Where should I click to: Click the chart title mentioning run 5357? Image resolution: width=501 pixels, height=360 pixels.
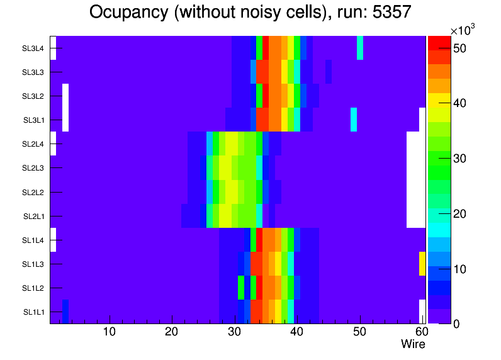pyautogui.click(x=250, y=13)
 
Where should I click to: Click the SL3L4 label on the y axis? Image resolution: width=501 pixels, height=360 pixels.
pyautogui.click(x=33, y=48)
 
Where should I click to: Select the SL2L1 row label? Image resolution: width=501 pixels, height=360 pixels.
pyautogui.click(x=33, y=217)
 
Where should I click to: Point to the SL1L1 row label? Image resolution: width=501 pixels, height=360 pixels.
pyautogui.click(x=33, y=312)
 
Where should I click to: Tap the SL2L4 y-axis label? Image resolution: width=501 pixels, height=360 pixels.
pyautogui.click(x=33, y=144)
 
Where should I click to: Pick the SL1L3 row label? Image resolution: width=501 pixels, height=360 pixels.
pyautogui.click(x=33, y=264)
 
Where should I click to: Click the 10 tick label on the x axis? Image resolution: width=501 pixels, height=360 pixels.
pyautogui.click(x=110, y=332)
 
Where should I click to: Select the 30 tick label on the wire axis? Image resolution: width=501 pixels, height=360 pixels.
pyautogui.click(x=235, y=332)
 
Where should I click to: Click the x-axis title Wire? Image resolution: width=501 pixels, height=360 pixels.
pyautogui.click(x=413, y=344)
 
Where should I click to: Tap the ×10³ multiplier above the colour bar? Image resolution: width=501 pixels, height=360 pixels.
pyautogui.click(x=463, y=30)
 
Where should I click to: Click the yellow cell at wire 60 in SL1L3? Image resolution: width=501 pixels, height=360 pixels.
pyautogui.click(x=422, y=264)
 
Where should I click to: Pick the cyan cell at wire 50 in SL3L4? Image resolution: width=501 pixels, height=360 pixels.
pyautogui.click(x=360, y=48)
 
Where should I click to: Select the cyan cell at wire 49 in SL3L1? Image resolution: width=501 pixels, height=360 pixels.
pyautogui.click(x=354, y=120)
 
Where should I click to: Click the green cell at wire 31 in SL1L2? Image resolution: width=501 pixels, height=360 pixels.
pyautogui.click(x=241, y=288)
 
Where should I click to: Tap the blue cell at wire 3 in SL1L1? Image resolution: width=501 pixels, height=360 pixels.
pyautogui.click(x=65, y=312)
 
